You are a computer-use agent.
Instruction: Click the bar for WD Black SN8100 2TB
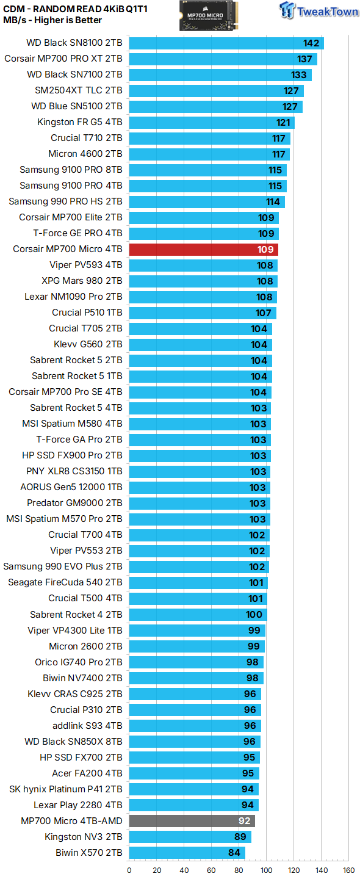(226, 43)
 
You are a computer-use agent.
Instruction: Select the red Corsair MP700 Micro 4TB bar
(203, 249)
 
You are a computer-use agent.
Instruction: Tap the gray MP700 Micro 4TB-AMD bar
(192, 821)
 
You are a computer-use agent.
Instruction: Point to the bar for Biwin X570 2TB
(186, 853)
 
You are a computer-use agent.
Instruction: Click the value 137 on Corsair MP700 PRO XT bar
(304, 59)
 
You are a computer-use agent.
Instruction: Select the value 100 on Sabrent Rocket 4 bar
(254, 615)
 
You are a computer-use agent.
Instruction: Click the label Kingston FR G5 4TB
(79, 122)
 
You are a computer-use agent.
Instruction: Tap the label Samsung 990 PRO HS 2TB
(65, 201)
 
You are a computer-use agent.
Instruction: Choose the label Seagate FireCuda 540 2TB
(65, 582)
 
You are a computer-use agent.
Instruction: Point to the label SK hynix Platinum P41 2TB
(65, 789)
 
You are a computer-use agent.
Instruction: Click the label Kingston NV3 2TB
(83, 837)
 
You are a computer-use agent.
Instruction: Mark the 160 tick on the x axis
(348, 870)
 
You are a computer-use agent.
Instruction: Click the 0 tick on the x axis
(129, 870)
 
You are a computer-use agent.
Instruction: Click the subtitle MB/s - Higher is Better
(52, 20)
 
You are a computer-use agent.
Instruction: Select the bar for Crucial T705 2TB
(200, 328)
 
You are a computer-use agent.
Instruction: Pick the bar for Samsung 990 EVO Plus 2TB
(199, 566)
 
